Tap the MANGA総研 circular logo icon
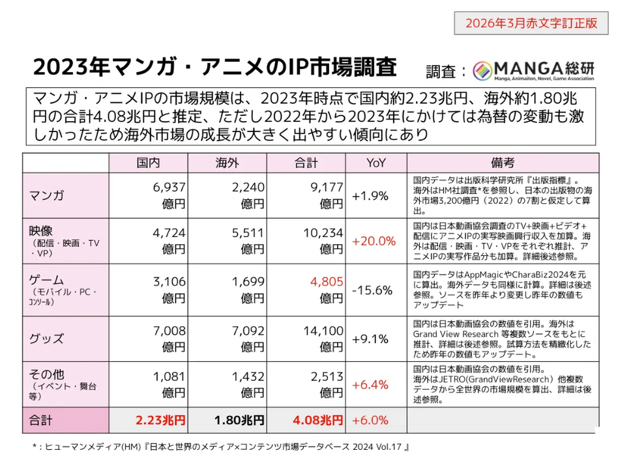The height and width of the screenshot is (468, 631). pyautogui.click(x=484, y=70)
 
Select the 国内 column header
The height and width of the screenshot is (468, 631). pyautogui.click(x=149, y=163)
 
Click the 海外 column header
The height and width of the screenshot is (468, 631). pyautogui.click(x=227, y=163)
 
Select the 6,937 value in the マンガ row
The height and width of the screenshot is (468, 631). pyautogui.click(x=169, y=188)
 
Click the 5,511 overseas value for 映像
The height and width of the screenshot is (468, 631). pyautogui.click(x=249, y=233)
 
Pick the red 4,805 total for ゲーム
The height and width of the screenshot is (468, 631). pyautogui.click(x=328, y=282)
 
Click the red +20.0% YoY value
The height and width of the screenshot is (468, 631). pyautogui.click(x=374, y=241)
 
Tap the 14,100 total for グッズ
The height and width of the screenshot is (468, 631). pyautogui.click(x=324, y=331)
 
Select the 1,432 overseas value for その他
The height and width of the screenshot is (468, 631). pyautogui.click(x=249, y=377)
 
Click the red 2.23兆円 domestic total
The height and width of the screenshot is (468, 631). pyautogui.click(x=160, y=420)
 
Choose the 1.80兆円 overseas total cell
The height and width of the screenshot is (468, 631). pyautogui.click(x=240, y=420)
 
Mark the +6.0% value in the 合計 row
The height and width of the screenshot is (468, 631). pyautogui.click(x=370, y=420)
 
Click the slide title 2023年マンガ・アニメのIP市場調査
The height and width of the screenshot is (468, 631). pyautogui.click(x=214, y=67)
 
